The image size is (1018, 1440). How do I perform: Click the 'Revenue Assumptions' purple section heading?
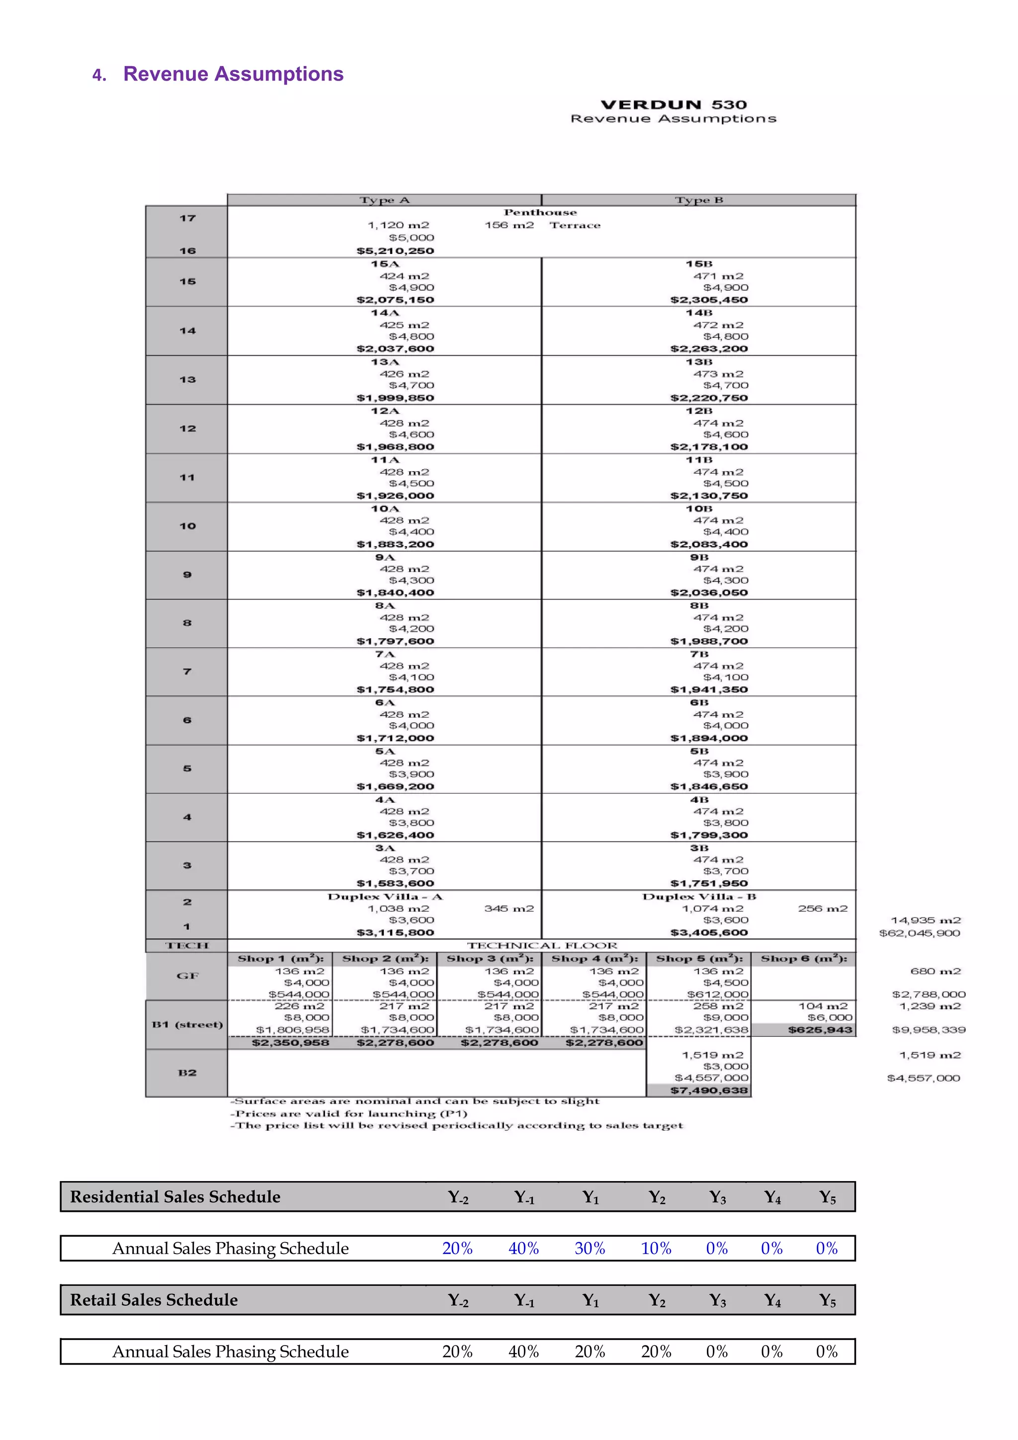(x=233, y=74)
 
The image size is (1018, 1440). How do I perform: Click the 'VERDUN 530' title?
(x=673, y=105)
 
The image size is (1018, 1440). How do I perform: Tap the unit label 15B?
(x=699, y=264)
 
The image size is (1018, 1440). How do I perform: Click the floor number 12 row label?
(x=187, y=428)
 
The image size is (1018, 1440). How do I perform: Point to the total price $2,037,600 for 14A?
(x=395, y=349)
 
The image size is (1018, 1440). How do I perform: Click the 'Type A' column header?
(x=385, y=200)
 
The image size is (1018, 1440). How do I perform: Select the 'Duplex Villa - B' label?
(x=699, y=897)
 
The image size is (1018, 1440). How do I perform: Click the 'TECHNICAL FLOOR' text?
(x=542, y=945)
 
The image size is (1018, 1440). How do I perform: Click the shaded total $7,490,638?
(x=709, y=1090)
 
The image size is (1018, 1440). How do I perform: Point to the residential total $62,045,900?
(x=919, y=933)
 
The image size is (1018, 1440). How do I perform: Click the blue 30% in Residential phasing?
(x=590, y=1248)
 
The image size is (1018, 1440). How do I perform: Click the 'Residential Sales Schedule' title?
(x=175, y=1196)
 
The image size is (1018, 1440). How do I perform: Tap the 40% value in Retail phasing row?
(x=523, y=1352)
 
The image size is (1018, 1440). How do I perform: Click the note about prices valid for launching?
(x=349, y=1114)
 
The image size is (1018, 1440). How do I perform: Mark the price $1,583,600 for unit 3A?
(x=395, y=883)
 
